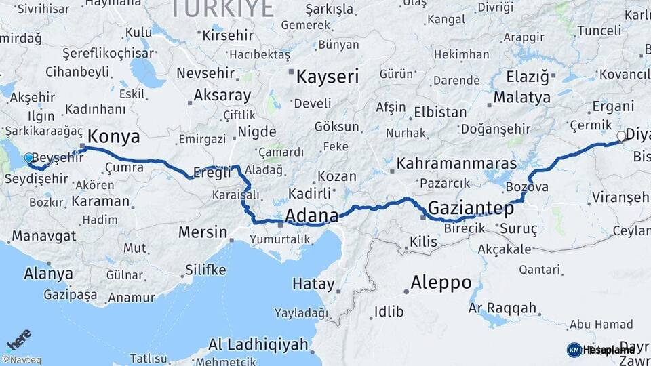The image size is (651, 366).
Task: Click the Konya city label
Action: [x=114, y=137]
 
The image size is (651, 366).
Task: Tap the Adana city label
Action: [x=312, y=216]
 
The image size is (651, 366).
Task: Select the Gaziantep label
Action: [x=471, y=208]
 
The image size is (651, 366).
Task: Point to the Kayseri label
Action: [x=327, y=77]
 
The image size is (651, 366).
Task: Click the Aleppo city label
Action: [x=441, y=283]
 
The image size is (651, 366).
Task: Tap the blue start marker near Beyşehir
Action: [x=28, y=158]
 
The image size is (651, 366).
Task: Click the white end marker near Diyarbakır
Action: [x=620, y=136]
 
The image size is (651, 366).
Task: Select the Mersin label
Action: [x=203, y=232]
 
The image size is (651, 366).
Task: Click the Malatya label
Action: [x=521, y=98]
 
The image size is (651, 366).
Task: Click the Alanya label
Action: [x=48, y=274]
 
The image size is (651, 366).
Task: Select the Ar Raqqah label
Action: [x=502, y=308]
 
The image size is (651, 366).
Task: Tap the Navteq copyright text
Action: [x=21, y=360]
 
